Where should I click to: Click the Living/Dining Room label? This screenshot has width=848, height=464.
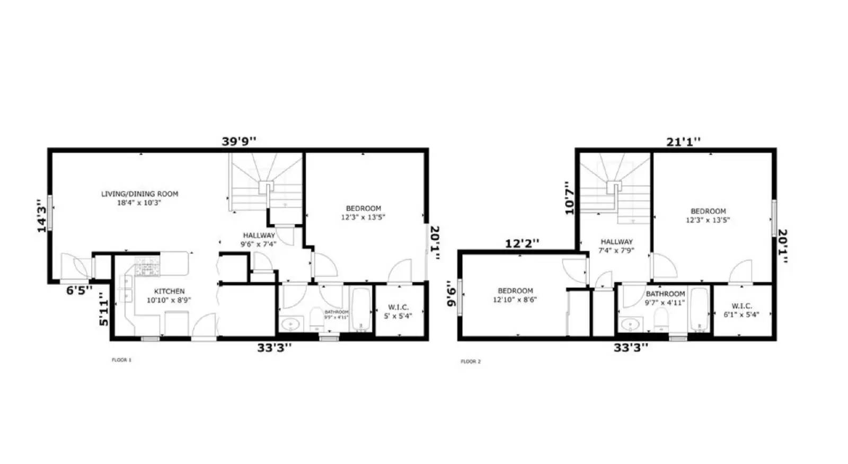tap(139, 198)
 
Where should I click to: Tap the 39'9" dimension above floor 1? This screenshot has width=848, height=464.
tap(238, 141)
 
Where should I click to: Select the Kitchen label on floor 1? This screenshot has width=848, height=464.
tap(169, 295)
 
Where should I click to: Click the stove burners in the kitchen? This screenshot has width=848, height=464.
tap(147, 266)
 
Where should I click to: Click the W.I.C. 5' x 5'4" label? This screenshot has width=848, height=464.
tap(398, 311)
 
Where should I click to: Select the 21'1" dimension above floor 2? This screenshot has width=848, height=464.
tap(683, 141)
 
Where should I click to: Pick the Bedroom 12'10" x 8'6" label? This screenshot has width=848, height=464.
tap(515, 295)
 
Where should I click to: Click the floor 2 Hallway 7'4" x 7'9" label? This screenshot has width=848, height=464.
tap(616, 246)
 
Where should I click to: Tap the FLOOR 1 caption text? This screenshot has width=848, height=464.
tap(121, 360)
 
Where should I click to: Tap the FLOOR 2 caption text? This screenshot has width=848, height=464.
tap(471, 362)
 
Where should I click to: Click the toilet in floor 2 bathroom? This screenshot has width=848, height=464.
tap(660, 319)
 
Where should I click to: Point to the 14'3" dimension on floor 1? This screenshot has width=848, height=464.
tap(42, 215)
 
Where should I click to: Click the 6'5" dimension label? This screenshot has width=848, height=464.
tap(79, 290)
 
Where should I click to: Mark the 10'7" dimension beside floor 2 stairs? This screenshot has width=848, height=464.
tap(570, 198)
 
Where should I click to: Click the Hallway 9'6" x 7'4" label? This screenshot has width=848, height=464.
tap(259, 240)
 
